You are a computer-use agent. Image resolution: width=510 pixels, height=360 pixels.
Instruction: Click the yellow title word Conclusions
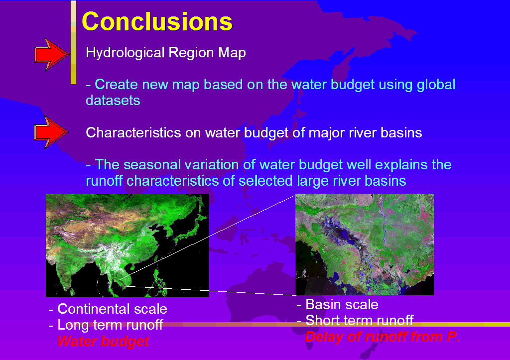click(x=157, y=21)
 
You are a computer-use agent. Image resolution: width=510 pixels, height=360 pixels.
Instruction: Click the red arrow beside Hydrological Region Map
click(x=52, y=55)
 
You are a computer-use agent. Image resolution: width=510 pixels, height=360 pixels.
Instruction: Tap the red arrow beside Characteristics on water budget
click(x=51, y=132)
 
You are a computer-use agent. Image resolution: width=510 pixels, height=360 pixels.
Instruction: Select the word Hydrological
click(x=125, y=53)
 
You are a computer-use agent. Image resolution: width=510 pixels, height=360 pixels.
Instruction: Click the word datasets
click(x=113, y=100)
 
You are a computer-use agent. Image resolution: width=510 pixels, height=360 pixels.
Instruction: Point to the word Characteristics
click(x=133, y=132)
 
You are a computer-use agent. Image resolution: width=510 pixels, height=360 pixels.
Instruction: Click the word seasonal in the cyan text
click(x=152, y=164)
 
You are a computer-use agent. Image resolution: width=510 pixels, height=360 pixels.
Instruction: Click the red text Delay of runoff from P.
click(x=382, y=337)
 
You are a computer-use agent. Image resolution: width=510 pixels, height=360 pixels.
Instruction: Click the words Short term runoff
click(x=360, y=320)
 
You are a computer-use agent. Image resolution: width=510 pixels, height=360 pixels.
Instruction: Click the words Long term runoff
click(x=110, y=325)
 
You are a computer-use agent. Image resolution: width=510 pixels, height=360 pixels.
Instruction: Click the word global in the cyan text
click(x=436, y=85)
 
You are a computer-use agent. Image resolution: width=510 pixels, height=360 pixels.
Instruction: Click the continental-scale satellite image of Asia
click(x=127, y=245)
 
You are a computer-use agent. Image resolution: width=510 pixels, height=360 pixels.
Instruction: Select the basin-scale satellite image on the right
click(x=364, y=244)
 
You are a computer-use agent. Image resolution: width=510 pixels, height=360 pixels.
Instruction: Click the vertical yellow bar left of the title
click(x=74, y=42)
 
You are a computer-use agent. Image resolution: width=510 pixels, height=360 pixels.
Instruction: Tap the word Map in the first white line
click(x=232, y=53)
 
